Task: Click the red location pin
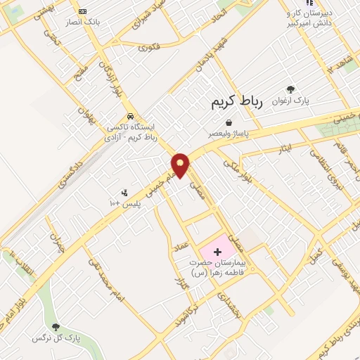(180, 165)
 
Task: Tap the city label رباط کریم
(236, 103)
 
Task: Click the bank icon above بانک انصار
(82, 11)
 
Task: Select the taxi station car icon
(130, 116)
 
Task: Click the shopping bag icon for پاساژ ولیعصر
(229, 122)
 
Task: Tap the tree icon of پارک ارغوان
(290, 89)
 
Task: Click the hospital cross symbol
(217, 251)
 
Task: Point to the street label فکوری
(149, 48)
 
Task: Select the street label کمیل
(317, 252)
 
